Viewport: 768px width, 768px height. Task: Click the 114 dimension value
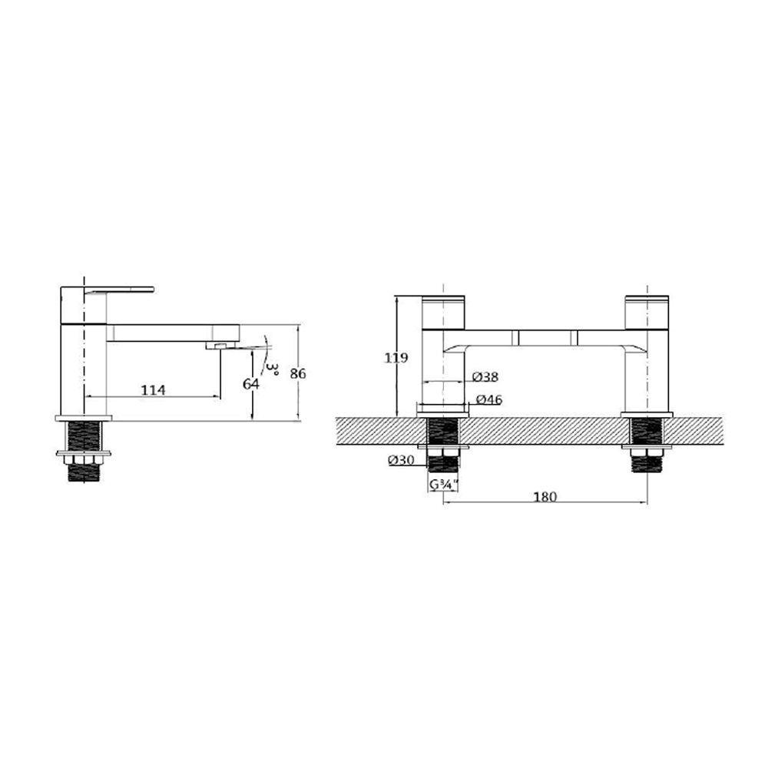[x=154, y=390]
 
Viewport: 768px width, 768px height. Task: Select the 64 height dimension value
[x=250, y=383]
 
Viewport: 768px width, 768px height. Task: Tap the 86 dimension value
[x=298, y=374]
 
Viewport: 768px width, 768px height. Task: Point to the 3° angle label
[x=270, y=372]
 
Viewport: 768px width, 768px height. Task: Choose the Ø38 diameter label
[x=485, y=377]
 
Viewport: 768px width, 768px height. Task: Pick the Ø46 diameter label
[x=489, y=400]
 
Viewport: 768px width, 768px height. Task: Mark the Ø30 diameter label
[x=402, y=460]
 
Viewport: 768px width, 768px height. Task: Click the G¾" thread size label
[x=444, y=485]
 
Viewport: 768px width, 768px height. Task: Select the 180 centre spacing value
[x=544, y=497]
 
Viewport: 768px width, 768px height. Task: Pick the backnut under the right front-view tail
[x=647, y=447]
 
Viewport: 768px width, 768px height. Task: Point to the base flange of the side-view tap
[x=83, y=419]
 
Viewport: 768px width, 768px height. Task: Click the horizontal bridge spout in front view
[x=545, y=338]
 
